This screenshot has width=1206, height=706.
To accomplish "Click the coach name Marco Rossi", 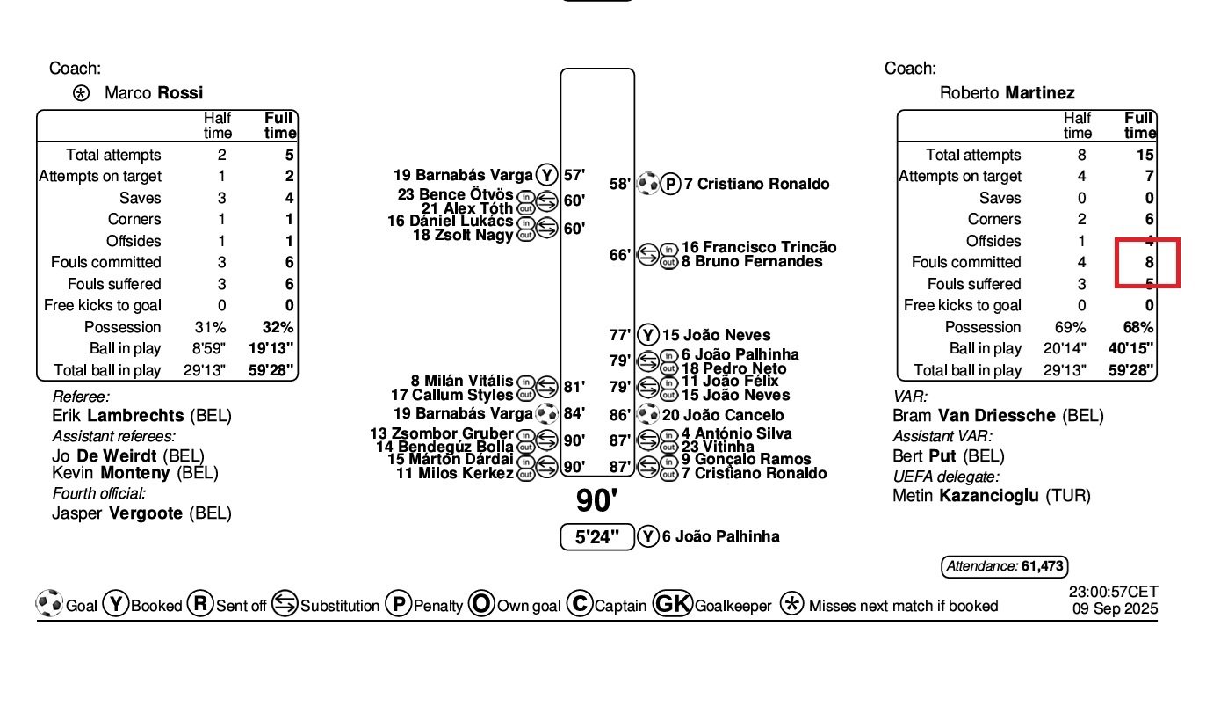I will (x=154, y=93).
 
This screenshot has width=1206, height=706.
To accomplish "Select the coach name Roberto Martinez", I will (x=1007, y=93).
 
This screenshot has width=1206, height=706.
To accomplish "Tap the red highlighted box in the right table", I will (x=1146, y=262).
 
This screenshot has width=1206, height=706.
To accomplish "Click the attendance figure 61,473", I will (x=1044, y=567).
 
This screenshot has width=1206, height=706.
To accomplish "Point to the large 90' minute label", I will (x=597, y=501).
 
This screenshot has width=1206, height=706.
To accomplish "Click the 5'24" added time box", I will (x=597, y=536).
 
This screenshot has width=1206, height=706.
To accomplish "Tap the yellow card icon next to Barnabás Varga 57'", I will (x=546, y=175).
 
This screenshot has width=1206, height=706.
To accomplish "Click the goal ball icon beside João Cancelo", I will (x=647, y=414).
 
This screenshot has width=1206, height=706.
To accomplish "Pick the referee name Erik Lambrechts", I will (x=130, y=416).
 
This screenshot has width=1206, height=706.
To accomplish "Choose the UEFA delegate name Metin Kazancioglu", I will (x=991, y=496).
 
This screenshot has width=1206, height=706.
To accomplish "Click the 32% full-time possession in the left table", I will (x=278, y=327).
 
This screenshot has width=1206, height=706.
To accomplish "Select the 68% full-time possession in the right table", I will (x=1137, y=327).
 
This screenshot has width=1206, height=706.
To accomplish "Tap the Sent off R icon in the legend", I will (x=200, y=605).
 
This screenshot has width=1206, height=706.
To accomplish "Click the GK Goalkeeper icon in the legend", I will (x=672, y=605).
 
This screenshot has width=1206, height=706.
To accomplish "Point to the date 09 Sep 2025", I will (x=1115, y=608).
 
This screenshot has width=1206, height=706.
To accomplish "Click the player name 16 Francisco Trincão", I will (x=758, y=248).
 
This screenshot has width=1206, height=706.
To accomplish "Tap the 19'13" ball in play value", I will (x=272, y=349).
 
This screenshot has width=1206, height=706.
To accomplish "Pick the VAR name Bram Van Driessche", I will (x=998, y=416).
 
